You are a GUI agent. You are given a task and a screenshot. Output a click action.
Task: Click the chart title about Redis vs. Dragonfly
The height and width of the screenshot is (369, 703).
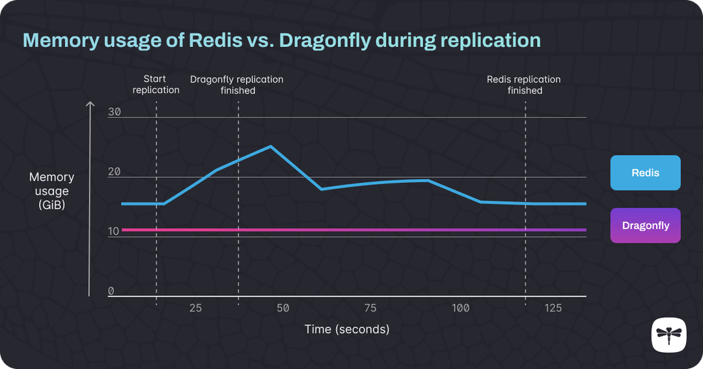(x=281, y=40)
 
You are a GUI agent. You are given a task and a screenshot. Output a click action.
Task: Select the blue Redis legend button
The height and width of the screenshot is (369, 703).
(x=645, y=172)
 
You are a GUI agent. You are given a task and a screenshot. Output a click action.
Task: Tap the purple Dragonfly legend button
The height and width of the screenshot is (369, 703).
(x=645, y=226)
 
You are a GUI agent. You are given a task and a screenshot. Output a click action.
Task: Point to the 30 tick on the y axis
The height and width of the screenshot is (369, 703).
(x=115, y=112)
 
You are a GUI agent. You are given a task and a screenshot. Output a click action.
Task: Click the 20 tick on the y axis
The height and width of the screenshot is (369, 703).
(x=115, y=172)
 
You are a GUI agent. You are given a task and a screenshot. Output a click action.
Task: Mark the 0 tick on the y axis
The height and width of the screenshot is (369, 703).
(x=111, y=291)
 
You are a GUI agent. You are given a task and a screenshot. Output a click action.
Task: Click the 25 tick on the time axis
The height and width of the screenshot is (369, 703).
(x=195, y=308)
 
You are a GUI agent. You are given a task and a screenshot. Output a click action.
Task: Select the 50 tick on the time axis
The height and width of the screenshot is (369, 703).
(x=283, y=308)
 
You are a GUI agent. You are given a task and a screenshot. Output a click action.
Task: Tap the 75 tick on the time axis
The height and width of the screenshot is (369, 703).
(x=370, y=308)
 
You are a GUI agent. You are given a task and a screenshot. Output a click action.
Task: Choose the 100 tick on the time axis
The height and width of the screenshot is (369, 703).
(x=460, y=308)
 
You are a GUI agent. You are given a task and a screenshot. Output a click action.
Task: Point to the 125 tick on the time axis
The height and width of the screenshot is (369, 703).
(x=553, y=308)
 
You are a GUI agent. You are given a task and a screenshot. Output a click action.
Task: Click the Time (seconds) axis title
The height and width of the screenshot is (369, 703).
(x=347, y=329)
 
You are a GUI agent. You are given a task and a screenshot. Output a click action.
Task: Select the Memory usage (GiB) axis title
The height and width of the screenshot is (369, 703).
(x=51, y=191)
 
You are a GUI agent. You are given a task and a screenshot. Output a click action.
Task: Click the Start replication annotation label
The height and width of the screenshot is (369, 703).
(x=156, y=85)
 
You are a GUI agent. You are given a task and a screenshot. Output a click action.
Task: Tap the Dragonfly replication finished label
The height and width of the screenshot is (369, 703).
(x=237, y=85)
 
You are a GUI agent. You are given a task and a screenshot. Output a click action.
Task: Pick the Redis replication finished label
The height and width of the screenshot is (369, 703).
(x=524, y=85)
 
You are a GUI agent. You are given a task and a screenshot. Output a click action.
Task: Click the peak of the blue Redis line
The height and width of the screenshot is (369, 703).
(x=270, y=146)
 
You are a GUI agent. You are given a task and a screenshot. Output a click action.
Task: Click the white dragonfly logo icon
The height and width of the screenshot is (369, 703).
(x=669, y=335)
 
